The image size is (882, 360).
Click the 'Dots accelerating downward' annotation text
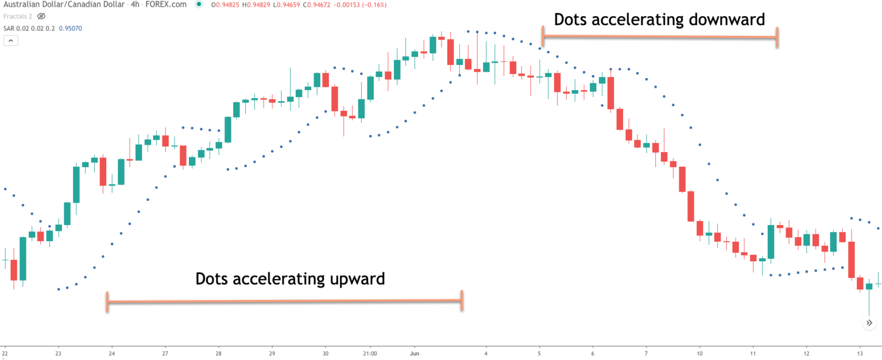659,20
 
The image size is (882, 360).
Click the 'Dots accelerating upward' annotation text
290,279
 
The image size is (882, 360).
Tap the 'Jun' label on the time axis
415,354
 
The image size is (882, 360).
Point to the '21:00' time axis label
370,354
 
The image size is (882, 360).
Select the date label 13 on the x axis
860,354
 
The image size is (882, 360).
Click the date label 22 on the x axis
5,354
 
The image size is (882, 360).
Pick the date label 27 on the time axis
165,354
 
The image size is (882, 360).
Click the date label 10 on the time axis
699,354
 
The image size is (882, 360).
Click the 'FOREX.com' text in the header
171,5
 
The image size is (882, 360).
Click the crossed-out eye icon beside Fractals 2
41,16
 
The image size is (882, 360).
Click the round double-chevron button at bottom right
869,323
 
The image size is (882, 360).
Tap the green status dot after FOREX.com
199,5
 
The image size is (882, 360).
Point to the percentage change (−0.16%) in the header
371,5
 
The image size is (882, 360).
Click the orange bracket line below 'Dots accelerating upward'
284,301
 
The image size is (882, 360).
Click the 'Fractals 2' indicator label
17,16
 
